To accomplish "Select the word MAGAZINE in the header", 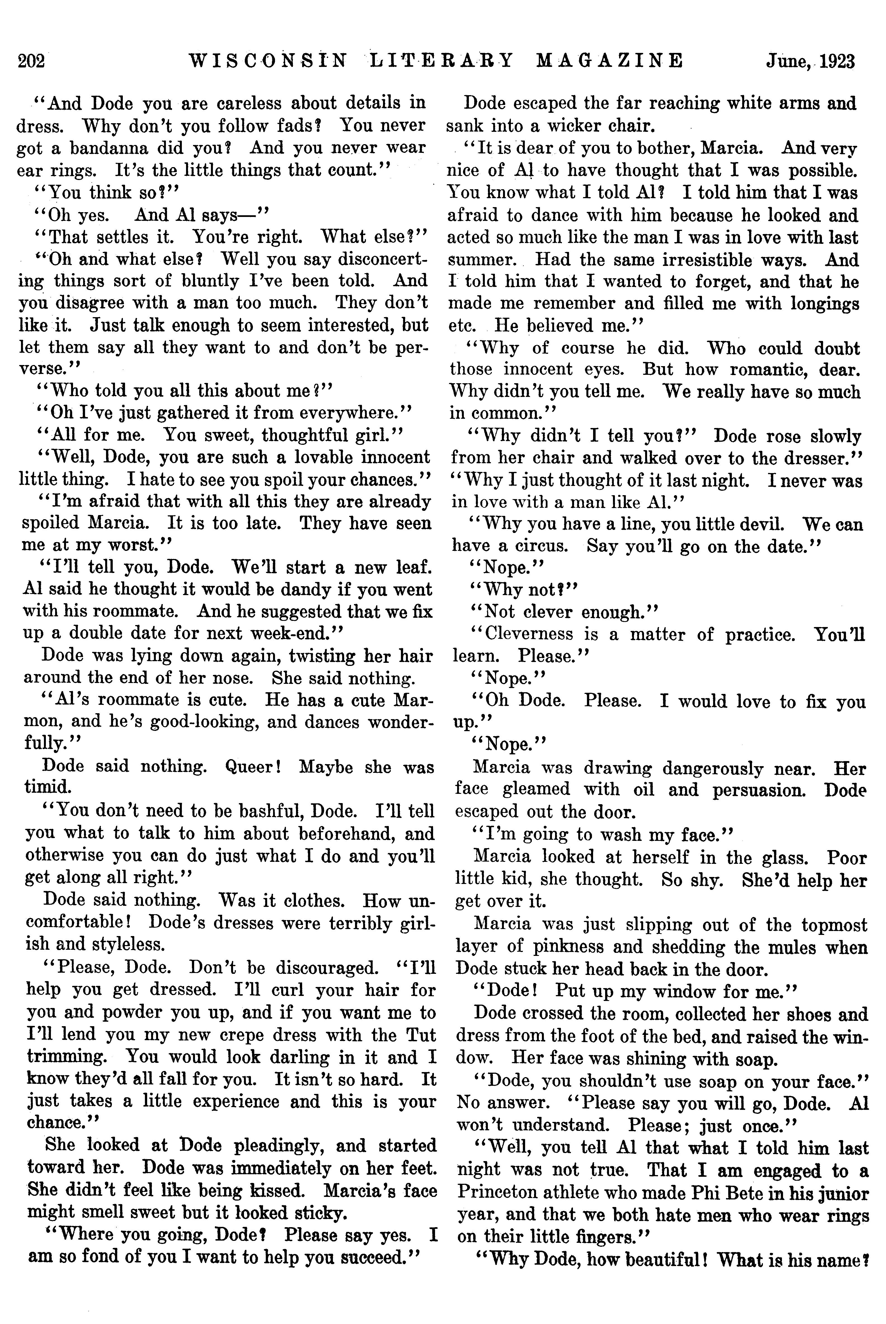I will pyautogui.click(x=609, y=60).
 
